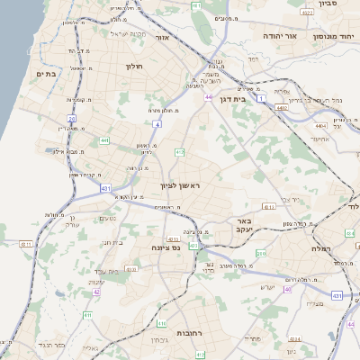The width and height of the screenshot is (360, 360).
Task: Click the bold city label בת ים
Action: [x=47, y=73]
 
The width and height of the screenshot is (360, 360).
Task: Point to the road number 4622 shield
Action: [x=307, y=13]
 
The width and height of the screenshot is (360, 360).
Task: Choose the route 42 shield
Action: [x=96, y=292]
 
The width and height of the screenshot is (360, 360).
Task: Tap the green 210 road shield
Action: [x=262, y=254]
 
